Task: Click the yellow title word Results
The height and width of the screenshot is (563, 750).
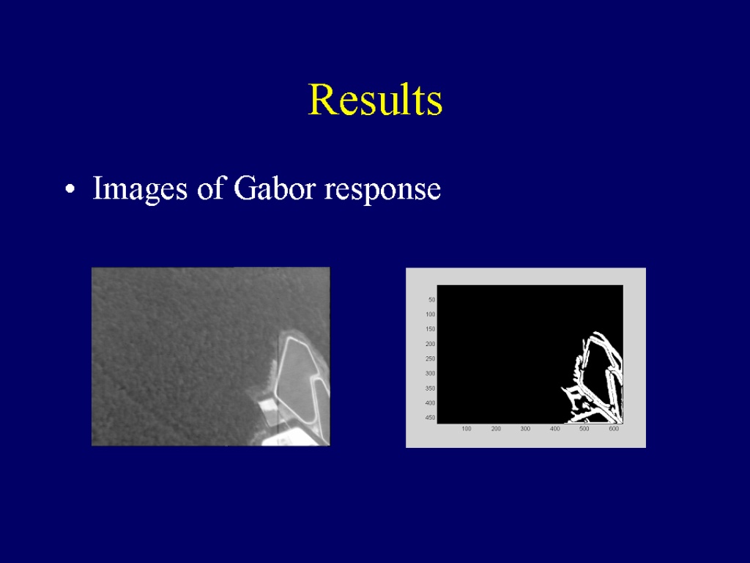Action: (x=376, y=99)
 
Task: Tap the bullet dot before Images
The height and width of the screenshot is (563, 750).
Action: (x=70, y=188)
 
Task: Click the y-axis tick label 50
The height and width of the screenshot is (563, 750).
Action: (x=432, y=300)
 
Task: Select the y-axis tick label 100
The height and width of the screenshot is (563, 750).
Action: (x=431, y=314)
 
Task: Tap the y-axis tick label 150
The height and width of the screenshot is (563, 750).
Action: (x=431, y=329)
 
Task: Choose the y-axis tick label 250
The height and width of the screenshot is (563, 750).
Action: (x=431, y=358)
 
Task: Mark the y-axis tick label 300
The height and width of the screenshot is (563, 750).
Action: (x=431, y=373)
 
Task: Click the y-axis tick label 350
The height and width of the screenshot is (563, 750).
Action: (x=431, y=389)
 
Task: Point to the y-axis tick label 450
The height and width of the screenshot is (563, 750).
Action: (x=431, y=417)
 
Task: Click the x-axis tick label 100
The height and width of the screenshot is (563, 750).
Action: (x=467, y=428)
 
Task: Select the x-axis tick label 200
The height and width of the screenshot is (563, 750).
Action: (x=496, y=428)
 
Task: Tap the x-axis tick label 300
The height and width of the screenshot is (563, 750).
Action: (x=525, y=428)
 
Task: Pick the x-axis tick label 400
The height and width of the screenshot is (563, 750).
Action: (x=555, y=428)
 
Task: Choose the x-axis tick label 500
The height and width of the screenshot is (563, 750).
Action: (x=584, y=428)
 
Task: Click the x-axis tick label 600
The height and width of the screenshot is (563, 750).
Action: (x=614, y=428)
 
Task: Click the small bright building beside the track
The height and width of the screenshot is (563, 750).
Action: (x=268, y=408)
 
